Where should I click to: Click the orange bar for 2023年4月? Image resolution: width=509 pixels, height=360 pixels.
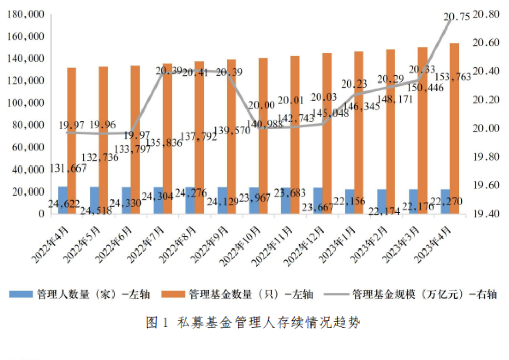pyautogui.click(x=455, y=127)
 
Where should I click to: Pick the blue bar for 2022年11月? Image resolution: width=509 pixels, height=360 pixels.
pyautogui.click(x=286, y=201)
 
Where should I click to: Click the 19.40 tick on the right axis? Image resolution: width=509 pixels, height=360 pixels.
pyautogui.click(x=486, y=214)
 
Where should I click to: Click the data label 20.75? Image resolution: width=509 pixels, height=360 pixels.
pyautogui.click(x=457, y=18)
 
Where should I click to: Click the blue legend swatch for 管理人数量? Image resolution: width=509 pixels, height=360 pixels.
pyautogui.click(x=21, y=294)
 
